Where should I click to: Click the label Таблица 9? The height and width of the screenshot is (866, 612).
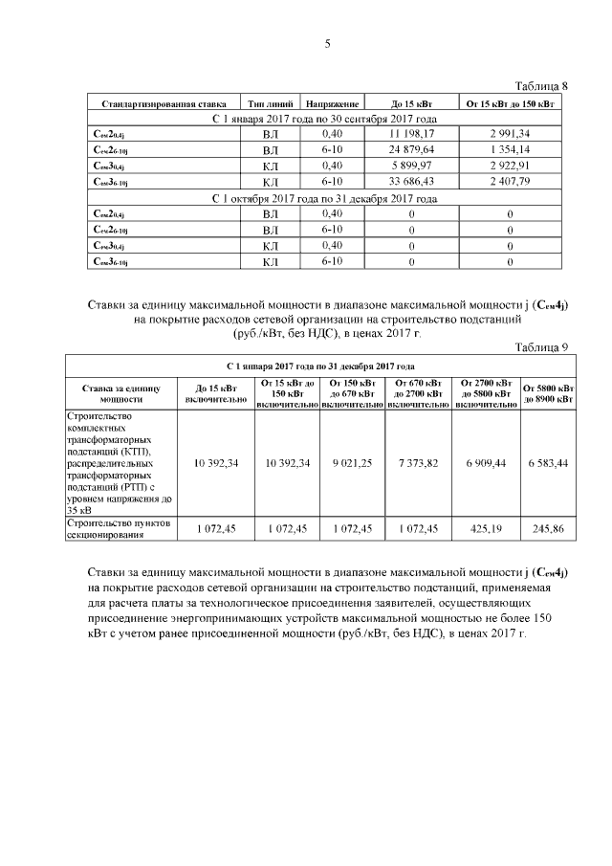click(542, 347)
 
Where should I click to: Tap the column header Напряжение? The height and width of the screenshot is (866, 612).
click(332, 101)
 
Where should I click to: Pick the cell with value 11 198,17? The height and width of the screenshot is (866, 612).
click(411, 133)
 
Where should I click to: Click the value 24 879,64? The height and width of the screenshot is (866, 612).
click(411, 149)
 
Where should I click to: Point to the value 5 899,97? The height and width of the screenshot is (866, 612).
click(411, 166)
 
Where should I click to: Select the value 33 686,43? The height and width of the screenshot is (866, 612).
click(411, 182)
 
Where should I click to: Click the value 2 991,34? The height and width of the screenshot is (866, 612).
click(510, 133)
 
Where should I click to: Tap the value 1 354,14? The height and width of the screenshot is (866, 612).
click(510, 149)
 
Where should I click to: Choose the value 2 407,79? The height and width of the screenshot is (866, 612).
click(510, 182)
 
